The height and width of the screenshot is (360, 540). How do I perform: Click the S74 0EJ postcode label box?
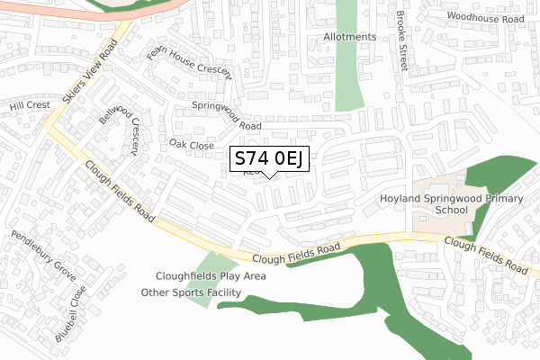click(x=271, y=159)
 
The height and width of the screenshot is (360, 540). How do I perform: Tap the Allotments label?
click(x=349, y=37)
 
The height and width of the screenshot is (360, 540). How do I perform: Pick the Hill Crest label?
click(x=29, y=105)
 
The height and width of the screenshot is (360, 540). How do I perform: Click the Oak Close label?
click(x=191, y=145)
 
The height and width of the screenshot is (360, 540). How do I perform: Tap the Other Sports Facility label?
click(x=191, y=292)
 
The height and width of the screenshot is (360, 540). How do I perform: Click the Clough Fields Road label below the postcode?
click(x=296, y=253)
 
